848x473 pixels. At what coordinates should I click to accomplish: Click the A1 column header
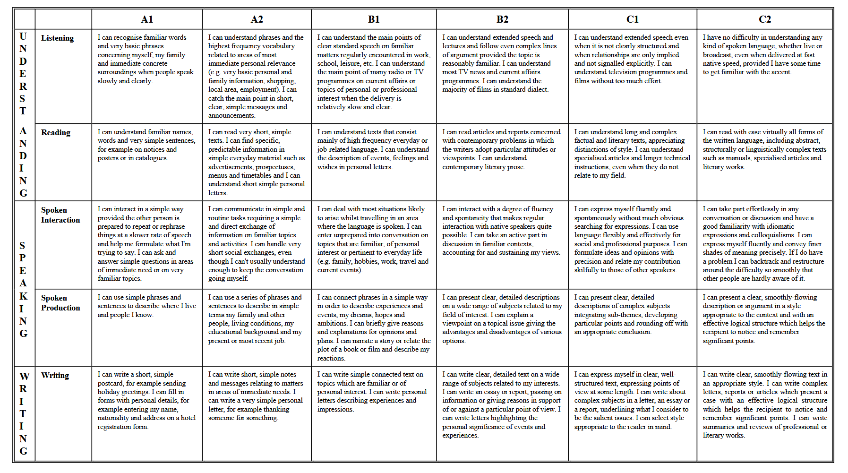pos(147,19)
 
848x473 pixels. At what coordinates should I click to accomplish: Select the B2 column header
pos(502,19)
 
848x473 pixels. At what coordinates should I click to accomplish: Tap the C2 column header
pos(764,19)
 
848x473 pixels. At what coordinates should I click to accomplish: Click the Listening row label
pos(57,38)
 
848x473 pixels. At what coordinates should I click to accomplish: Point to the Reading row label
pos(56,133)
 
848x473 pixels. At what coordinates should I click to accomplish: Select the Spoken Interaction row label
pos(60,215)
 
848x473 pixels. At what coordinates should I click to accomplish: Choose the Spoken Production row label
pos(60,303)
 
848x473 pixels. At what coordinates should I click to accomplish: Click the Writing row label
pos(55,376)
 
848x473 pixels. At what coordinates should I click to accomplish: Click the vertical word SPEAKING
pos(23,289)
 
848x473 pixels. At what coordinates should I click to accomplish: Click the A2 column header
pos(257,19)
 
